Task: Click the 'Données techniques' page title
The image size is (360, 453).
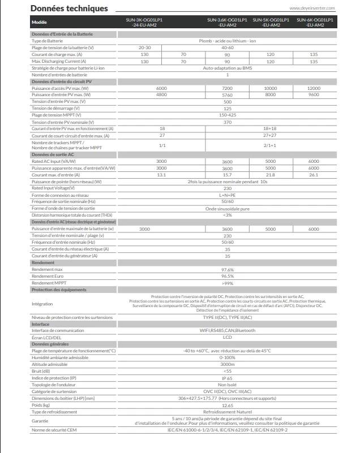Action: point(61,8)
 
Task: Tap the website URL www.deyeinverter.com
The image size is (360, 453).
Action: point(312,9)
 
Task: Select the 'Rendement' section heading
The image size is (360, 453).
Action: point(44,262)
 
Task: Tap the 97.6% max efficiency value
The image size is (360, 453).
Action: point(228,269)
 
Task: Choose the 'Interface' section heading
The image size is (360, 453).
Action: point(41,324)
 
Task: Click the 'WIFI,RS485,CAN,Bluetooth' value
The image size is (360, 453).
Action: point(228,330)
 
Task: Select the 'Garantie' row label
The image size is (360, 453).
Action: point(41,420)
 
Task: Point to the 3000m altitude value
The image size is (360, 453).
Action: point(228,364)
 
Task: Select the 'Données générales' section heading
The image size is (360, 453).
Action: point(50,344)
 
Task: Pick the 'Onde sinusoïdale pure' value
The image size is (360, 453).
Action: point(228,208)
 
